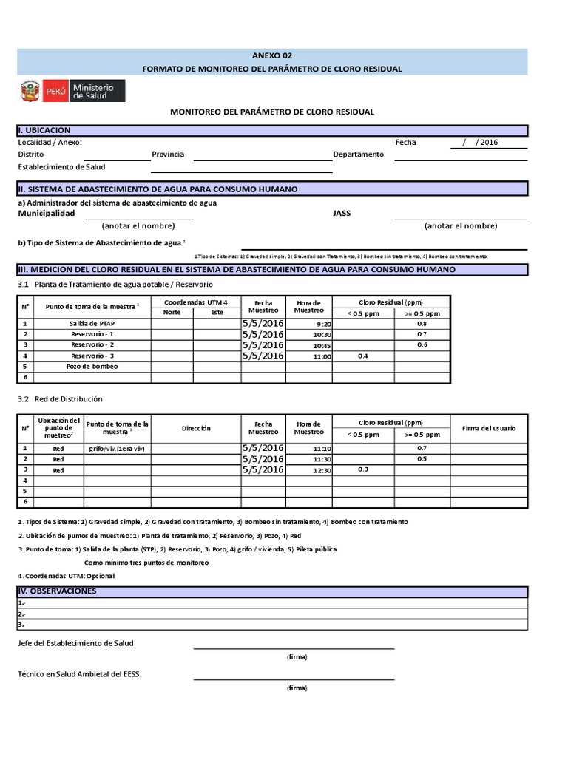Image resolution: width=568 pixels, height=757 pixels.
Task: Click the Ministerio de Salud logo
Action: coord(72,92)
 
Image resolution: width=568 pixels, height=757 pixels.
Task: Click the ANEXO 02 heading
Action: coord(272,55)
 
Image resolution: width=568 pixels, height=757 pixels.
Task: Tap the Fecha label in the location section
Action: coord(405,143)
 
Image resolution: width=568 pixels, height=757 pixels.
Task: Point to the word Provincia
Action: coord(168,155)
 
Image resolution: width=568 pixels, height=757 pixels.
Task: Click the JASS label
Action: coord(342,213)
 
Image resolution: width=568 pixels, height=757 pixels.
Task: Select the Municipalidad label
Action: coord(46,213)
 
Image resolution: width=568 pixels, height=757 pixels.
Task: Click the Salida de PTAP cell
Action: coord(92,324)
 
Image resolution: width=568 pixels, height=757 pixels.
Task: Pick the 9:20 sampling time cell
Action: coord(323,324)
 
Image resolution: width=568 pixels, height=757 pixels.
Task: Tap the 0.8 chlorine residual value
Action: coord(422,324)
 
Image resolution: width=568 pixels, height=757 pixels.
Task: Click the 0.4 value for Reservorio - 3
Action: coord(362,356)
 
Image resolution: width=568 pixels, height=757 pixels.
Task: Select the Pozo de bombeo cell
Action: coord(92,366)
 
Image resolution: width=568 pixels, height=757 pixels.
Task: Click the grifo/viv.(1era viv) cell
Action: coord(117,449)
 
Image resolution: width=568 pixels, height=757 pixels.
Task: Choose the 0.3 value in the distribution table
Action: coord(362,469)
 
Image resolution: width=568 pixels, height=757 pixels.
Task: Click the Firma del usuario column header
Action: coord(489,428)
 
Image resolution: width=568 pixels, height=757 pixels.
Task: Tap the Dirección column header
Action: coord(196,428)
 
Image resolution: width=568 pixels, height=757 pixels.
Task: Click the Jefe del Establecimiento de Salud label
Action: coord(75,643)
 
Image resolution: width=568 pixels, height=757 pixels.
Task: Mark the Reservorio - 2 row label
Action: coord(92,345)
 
